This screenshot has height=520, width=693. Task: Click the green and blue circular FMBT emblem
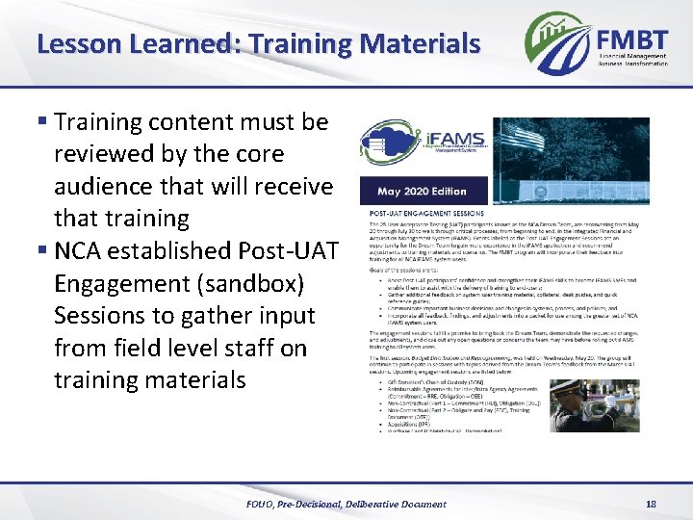point(557,40)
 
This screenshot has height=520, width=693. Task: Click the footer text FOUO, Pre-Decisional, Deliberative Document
point(346,504)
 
